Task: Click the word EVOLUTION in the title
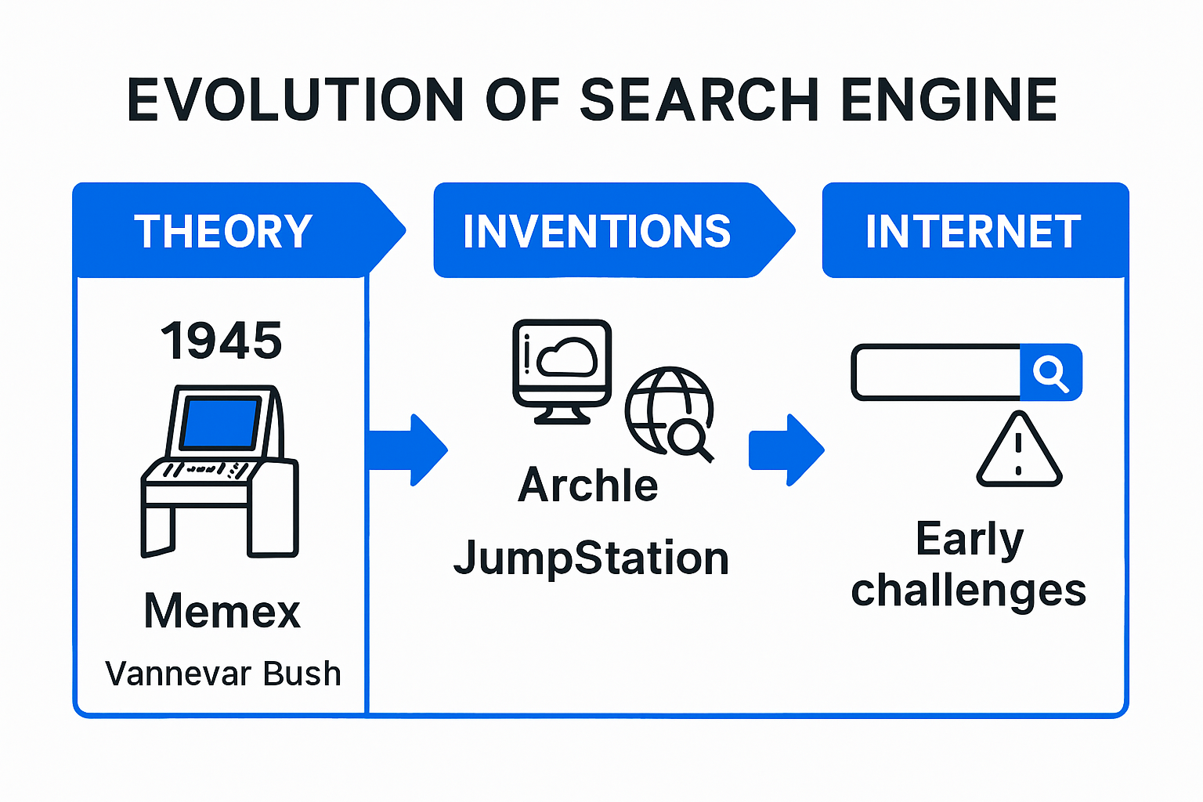pos(294,100)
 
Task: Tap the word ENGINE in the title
pos(949,100)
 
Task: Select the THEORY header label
pos(223,231)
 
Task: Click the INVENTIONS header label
pos(597,231)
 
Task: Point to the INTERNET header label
pos(974,231)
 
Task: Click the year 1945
pos(222,341)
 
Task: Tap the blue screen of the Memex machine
pos(219,422)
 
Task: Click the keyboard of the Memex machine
pos(205,469)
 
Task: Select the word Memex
pos(222,611)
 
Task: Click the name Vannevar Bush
pos(223,673)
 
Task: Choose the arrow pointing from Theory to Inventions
pos(408,450)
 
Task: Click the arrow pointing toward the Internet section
pos(787,450)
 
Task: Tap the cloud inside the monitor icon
pos(567,356)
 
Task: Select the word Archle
pos(588,485)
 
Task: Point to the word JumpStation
pos(591,558)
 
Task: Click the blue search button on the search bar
pos(1051,372)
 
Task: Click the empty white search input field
pos(937,372)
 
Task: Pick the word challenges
pos(969,591)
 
